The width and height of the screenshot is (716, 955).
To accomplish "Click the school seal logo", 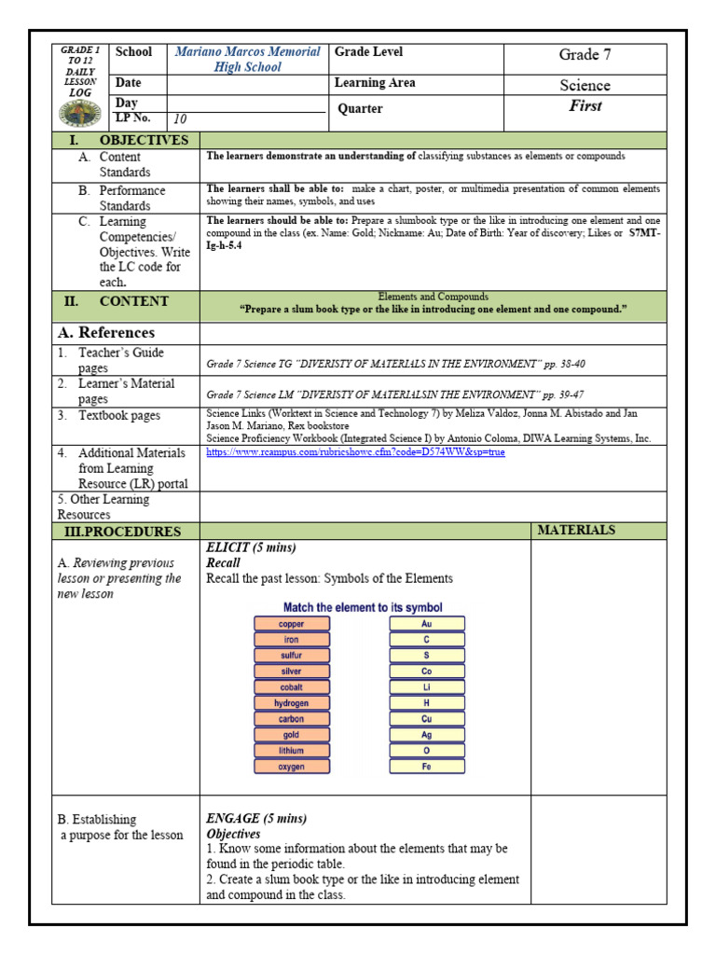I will click(80, 113).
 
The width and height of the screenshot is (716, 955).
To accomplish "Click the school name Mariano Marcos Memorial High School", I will click(247, 60).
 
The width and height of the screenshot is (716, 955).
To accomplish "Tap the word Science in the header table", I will click(585, 85).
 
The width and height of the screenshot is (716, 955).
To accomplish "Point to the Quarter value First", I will click(585, 106).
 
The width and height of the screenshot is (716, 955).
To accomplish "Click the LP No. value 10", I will click(180, 119).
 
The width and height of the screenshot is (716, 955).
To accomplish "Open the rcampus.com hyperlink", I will click(355, 452).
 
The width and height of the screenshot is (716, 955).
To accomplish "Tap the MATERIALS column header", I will click(574, 530).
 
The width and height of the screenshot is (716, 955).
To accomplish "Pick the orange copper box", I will click(291, 624).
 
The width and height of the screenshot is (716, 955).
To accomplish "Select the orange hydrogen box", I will click(291, 703).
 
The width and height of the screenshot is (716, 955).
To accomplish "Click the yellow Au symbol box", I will click(426, 624).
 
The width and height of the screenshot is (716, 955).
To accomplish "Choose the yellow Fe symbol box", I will click(426, 767).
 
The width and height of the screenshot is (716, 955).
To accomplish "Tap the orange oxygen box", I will click(291, 767).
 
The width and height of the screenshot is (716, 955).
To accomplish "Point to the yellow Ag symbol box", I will click(426, 735).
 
